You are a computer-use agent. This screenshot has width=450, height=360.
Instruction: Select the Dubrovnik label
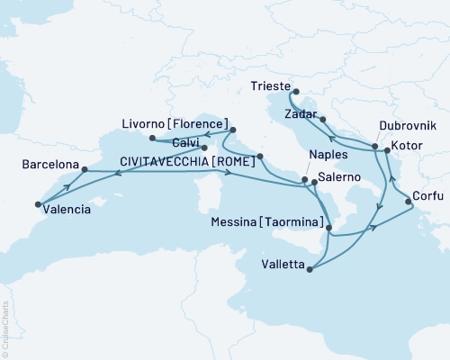(385, 128)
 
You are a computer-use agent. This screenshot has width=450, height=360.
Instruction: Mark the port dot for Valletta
(310, 267)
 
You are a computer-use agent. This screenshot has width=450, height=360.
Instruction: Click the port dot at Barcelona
(84, 168)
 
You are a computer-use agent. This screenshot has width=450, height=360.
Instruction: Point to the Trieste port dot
(293, 91)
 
